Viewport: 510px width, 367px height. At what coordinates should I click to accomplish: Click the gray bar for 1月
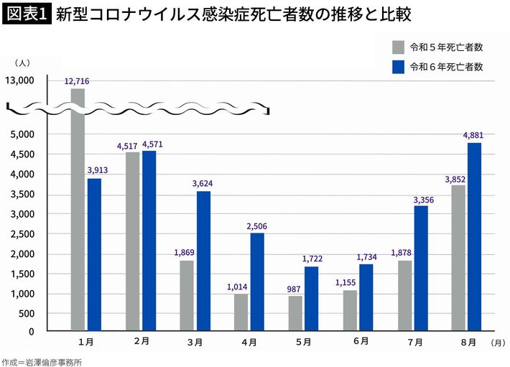(78, 215)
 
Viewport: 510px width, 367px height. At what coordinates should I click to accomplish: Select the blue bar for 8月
(474, 237)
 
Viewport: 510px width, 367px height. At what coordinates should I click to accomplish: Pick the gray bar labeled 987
(295, 313)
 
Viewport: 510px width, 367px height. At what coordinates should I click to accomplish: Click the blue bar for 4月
(257, 282)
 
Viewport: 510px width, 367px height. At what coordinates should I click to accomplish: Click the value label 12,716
(77, 82)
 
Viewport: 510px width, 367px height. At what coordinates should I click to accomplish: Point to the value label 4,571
(149, 144)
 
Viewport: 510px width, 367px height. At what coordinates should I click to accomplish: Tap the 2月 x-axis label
(141, 343)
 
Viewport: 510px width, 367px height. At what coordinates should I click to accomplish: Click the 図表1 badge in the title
(26, 14)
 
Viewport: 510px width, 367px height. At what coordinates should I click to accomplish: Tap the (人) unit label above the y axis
(22, 63)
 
